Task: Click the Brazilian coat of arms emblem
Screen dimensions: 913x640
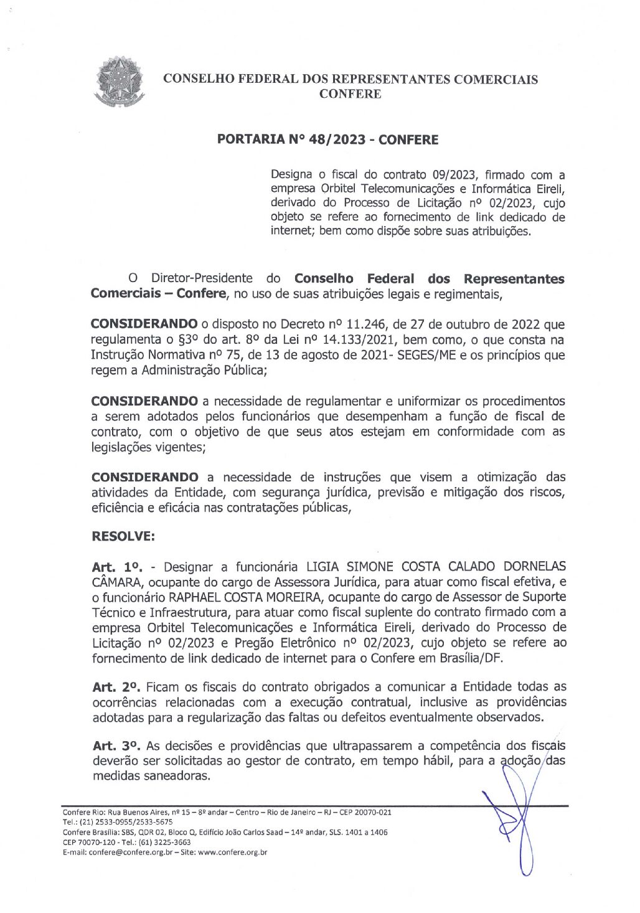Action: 120,81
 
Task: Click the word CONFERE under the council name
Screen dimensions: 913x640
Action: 350,94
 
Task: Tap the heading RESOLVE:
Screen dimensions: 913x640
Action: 123,536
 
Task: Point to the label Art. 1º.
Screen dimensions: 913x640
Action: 117,567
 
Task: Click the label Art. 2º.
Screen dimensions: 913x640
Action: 117,688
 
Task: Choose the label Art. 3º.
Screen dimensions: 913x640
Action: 117,746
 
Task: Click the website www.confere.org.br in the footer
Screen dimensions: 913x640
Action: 232,852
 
